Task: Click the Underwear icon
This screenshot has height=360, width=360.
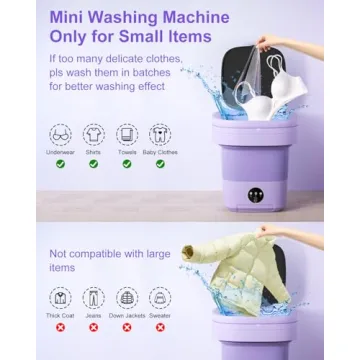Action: coord(61,133)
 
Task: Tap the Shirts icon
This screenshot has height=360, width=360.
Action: coord(94,133)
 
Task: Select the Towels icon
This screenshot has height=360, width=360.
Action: coord(127,133)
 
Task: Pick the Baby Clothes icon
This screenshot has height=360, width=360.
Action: coord(160,133)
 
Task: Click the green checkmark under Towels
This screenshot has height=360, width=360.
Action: coord(127,163)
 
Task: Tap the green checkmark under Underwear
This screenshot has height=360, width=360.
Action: coord(61,163)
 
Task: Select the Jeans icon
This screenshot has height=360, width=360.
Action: coord(94,297)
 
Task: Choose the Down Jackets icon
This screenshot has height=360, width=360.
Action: coord(127,297)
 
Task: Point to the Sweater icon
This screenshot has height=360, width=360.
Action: coord(160,297)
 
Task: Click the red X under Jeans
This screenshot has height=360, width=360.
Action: coord(94,327)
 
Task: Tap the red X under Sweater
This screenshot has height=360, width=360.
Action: coord(160,327)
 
